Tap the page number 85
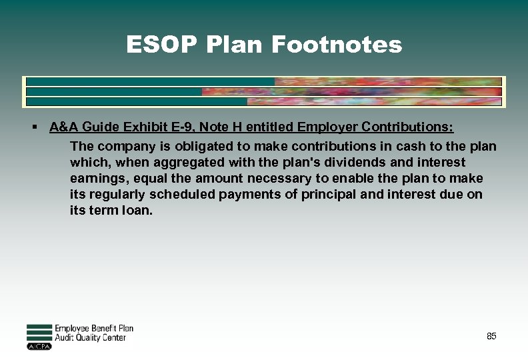491,336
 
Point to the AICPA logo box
39,347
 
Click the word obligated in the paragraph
181,146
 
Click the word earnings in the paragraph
90,179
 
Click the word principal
333,195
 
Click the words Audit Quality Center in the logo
90,337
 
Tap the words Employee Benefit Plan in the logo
93,328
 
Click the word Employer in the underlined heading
325,127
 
